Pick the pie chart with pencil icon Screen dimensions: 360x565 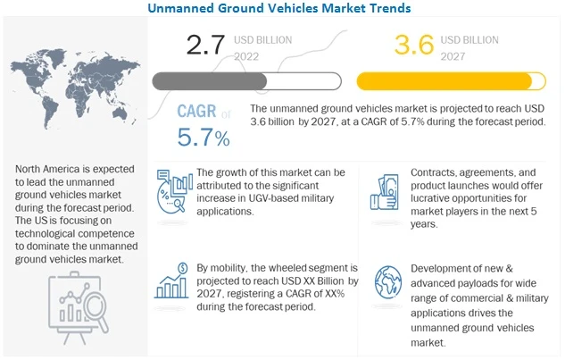click(170, 189)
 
